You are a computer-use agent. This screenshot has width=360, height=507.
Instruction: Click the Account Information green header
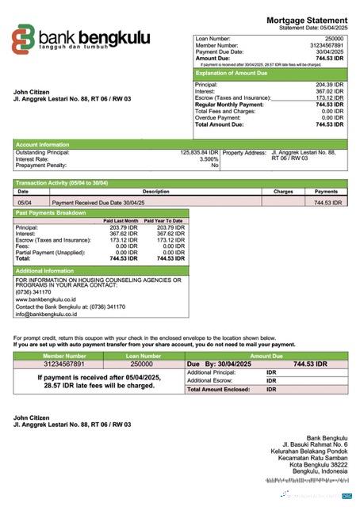42,144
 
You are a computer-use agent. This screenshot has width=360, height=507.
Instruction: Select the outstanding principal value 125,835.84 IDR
199,152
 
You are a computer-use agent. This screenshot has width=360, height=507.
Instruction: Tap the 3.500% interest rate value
205,158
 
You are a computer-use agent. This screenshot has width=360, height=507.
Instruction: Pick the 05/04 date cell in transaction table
24,203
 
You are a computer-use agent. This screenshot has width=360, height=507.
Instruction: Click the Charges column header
283,192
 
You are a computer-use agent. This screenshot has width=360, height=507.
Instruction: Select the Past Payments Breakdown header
52,213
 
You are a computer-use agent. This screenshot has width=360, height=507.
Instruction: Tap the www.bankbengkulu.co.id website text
45,300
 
